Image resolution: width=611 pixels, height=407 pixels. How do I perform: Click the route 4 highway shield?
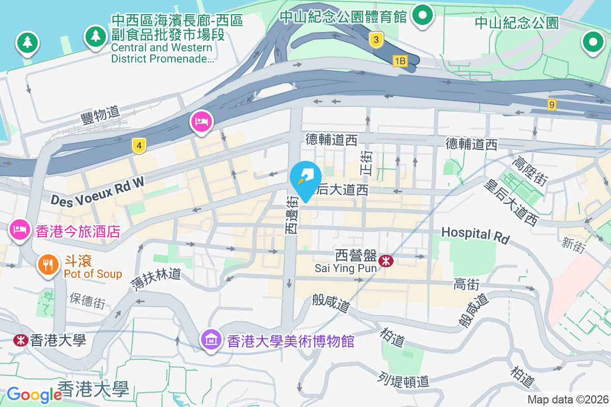(138, 146)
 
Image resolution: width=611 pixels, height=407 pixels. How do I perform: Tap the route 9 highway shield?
(552, 104)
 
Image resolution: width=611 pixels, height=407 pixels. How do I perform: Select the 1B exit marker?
(400, 61)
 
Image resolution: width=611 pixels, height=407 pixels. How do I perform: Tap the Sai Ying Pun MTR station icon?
(386, 261)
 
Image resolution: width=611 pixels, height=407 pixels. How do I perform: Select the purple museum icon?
(211, 339)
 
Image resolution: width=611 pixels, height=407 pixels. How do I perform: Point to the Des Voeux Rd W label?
(97, 191)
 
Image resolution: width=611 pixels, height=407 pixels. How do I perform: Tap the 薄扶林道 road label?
(155, 280)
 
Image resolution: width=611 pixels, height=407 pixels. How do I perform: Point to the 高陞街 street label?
(530, 171)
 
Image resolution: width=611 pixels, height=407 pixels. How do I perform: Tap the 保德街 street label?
(88, 300)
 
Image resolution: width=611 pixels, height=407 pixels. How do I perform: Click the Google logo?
(34, 394)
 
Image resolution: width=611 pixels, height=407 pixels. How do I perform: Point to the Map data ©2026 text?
(567, 399)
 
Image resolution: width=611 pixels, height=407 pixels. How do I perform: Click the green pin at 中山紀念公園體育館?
(422, 15)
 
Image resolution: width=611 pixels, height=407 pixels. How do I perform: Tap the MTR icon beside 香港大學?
(21, 340)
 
